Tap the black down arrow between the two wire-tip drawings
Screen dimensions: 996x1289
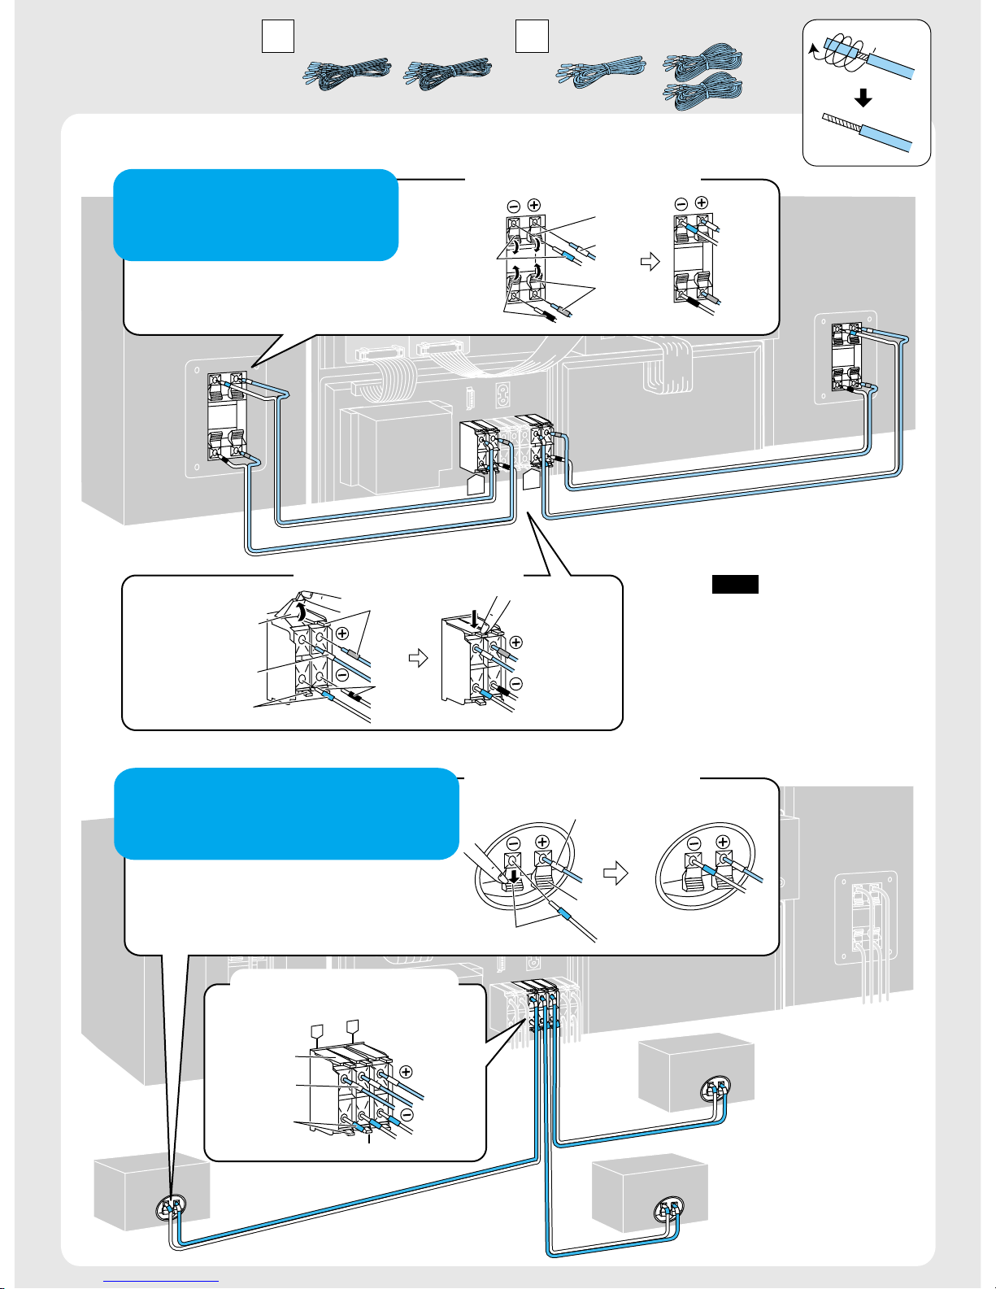tap(863, 98)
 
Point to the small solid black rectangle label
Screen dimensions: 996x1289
tap(735, 584)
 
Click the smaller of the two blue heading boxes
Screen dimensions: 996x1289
tap(256, 215)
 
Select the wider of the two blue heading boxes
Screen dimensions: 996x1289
tap(287, 813)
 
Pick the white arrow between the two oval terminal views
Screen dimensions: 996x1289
tap(616, 873)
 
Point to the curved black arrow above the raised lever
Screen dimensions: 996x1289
tap(302, 611)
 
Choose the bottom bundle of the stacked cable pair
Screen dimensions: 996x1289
tap(705, 89)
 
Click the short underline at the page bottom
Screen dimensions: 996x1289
tap(162, 1280)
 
